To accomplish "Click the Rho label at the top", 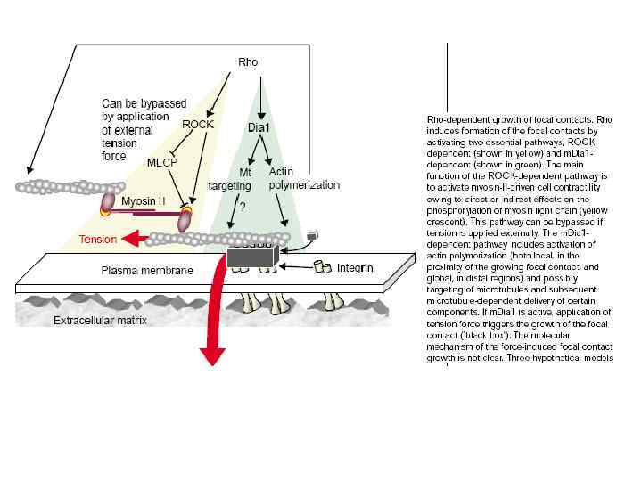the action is click(248, 61).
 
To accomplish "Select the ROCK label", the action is click(197, 125).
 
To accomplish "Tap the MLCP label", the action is click(163, 163).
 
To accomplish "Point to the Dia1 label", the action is click(259, 128).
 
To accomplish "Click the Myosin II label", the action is click(144, 202).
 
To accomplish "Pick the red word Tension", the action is click(98, 240).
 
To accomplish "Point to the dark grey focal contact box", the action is click(251, 257).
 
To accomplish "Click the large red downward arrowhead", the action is click(212, 354).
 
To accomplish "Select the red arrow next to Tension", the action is click(136, 239).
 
